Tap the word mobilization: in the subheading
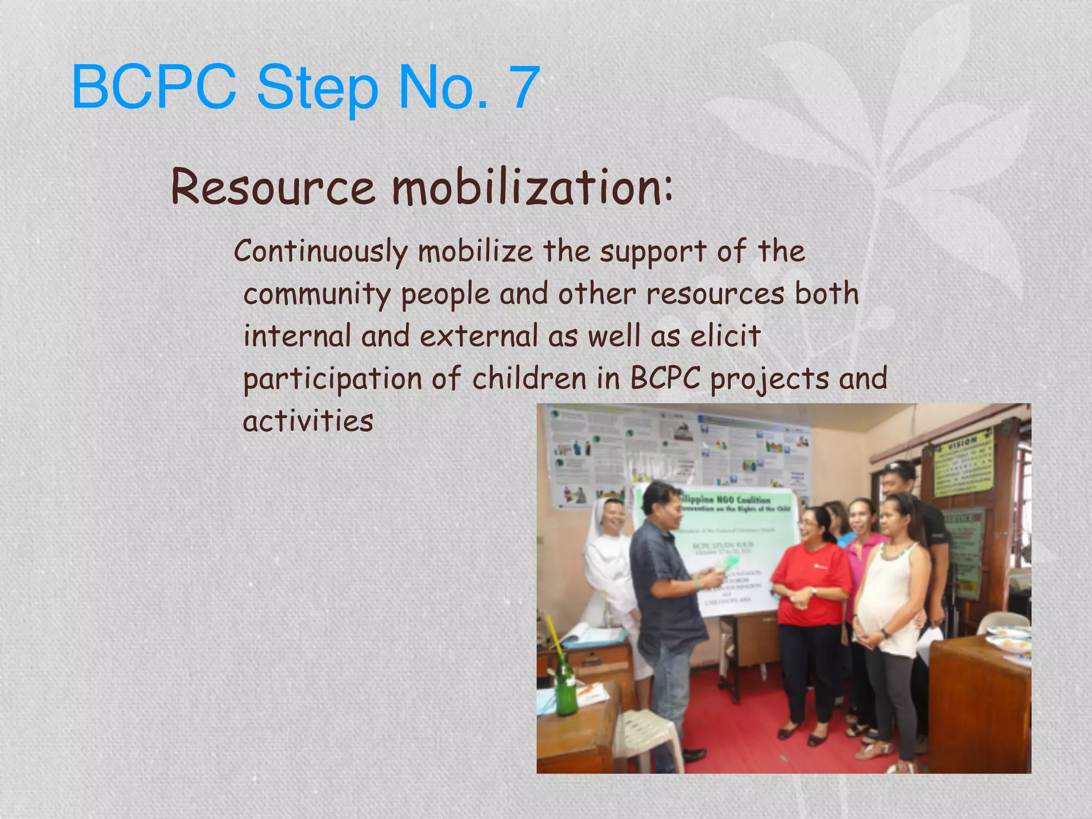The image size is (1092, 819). click(532, 188)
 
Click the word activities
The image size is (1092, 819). click(308, 421)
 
